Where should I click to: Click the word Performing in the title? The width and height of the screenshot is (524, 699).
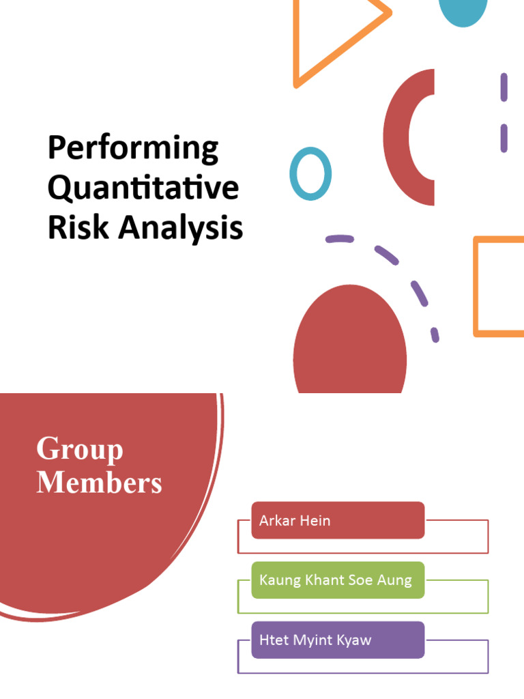[133, 149]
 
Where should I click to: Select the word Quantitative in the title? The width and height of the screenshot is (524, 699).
[143, 188]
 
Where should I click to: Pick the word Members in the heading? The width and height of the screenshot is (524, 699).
[99, 483]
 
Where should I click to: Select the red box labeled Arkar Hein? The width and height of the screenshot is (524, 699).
[338, 520]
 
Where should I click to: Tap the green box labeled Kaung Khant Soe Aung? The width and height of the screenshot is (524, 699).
[338, 580]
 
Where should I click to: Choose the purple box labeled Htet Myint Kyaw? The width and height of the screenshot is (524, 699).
[338, 640]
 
